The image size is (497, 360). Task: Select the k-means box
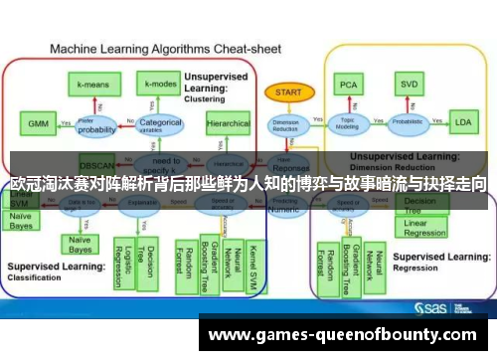pyautogui.click(x=93, y=85)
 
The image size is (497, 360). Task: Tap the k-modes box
pyautogui.click(x=159, y=85)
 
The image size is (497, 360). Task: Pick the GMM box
pyautogui.click(x=36, y=125)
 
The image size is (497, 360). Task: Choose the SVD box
pyautogui.click(x=407, y=85)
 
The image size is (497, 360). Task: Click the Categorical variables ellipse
pyautogui.click(x=161, y=124)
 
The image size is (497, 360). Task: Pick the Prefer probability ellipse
pyautogui.click(x=97, y=126)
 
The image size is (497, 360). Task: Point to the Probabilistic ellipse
pyautogui.click(x=406, y=124)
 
